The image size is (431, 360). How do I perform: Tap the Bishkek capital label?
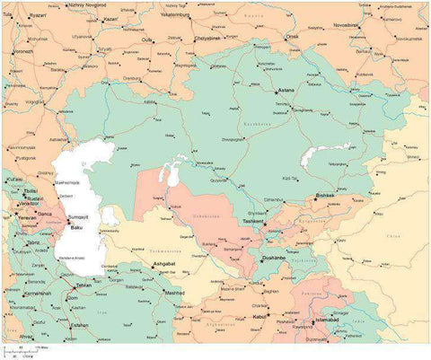tap(325, 195)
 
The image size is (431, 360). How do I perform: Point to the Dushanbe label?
tap(273, 258)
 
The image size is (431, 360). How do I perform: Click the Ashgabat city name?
tap(164, 264)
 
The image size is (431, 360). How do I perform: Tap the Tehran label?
tap(84, 284)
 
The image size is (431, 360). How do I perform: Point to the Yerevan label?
tap(26, 217)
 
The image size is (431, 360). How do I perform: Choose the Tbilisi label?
tap(30, 190)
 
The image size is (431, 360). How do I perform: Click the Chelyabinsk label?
tap(210, 39)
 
